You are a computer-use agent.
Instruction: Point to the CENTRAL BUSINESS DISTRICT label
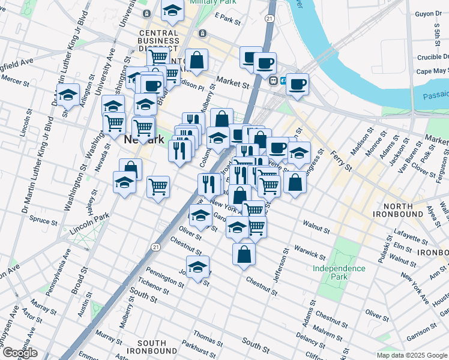pyautogui.click(x=158, y=41)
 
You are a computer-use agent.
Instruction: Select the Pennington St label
pyautogui.click(x=151, y=272)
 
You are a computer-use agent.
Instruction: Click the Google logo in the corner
pyautogui.click(x=19, y=352)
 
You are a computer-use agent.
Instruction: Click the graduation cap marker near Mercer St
pyautogui.click(x=68, y=95)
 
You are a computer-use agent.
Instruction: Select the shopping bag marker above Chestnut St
pyautogui.click(x=244, y=254)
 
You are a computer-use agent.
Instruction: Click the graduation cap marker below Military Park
pyautogui.click(x=172, y=11)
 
